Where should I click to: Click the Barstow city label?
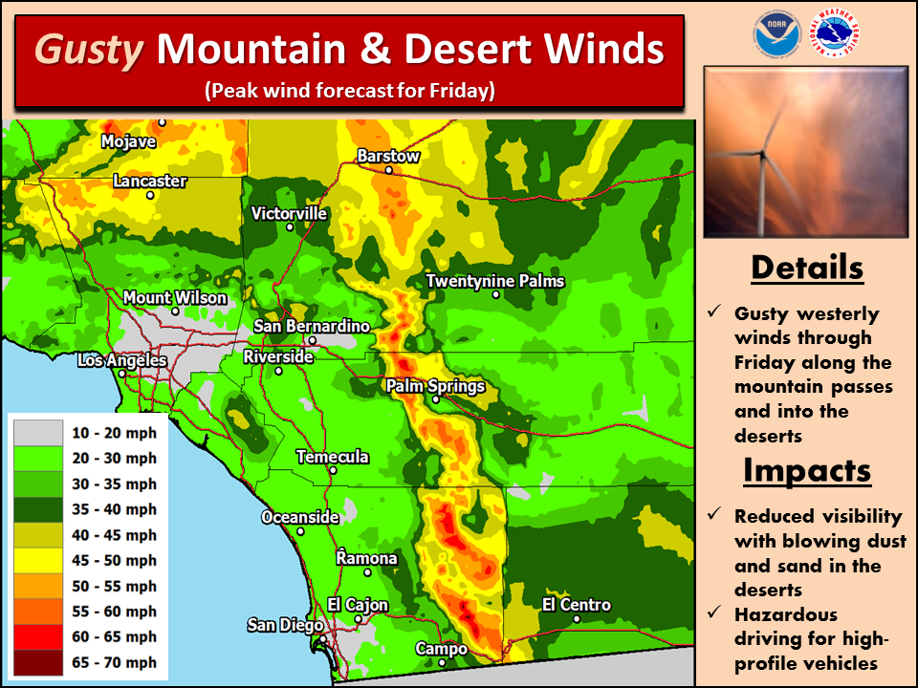(x=388, y=156)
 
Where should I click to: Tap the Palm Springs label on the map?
(x=435, y=387)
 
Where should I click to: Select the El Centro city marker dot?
(x=577, y=619)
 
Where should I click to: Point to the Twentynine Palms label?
(x=495, y=281)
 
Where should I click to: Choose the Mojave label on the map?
(x=128, y=141)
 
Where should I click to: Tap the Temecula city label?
(x=332, y=457)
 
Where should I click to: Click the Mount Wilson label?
(x=175, y=298)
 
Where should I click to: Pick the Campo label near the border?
(x=441, y=649)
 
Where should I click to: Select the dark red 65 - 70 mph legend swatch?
(x=37, y=662)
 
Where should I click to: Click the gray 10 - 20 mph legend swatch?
(x=37, y=433)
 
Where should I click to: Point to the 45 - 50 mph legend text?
(x=114, y=561)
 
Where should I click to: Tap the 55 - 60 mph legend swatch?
(x=37, y=612)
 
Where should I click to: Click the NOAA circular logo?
(x=774, y=35)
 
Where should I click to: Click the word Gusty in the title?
(x=91, y=50)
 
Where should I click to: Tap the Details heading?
(x=806, y=268)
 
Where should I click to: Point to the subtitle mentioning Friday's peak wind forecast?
(x=349, y=92)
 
